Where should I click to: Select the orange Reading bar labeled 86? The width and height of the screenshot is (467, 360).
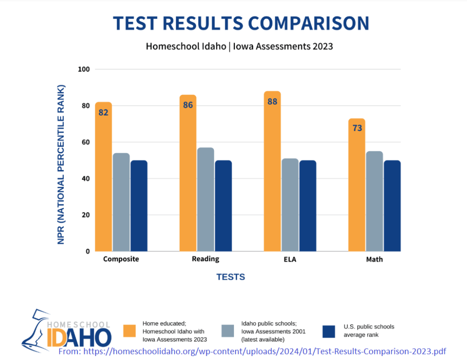188,173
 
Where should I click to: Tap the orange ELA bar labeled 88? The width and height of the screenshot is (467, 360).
272,171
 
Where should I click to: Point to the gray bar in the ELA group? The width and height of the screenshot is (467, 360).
290,205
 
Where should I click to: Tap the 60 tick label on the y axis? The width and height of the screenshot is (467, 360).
86,142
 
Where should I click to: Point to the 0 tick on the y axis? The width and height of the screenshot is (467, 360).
88,251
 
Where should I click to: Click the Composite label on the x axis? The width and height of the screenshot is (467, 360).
121,259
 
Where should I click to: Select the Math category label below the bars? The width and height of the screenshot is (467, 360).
374,259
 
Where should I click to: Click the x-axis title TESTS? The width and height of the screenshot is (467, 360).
230,277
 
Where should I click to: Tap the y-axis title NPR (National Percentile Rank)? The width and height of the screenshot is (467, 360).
62,164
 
